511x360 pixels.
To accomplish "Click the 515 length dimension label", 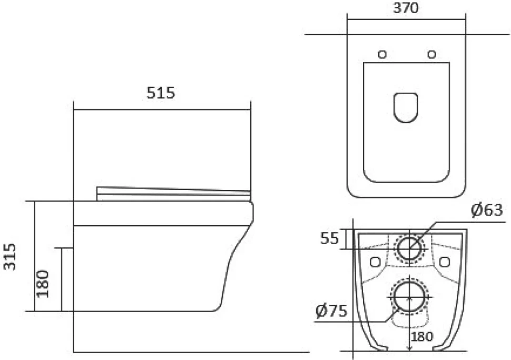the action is click(x=161, y=93).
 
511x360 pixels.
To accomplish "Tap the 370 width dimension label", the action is click(x=406, y=8).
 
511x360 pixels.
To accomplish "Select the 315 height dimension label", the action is click(x=10, y=257).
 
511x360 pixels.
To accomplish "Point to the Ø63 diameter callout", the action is click(x=487, y=210).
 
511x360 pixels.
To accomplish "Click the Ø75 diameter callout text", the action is click(x=331, y=311).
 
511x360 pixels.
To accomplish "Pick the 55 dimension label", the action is click(x=329, y=238).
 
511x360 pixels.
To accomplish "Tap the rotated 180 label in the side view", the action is click(x=43, y=284).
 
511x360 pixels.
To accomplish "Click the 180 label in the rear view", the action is click(x=422, y=336).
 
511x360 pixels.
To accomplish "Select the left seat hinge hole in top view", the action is click(x=382, y=54).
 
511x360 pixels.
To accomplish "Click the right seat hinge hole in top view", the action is click(x=431, y=54).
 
